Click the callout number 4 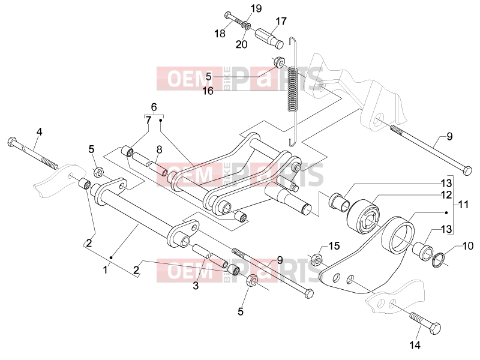point(39,132)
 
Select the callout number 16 point(208,91)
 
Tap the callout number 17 point(281,21)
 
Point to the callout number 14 point(415,345)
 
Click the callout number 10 point(468,245)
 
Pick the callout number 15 point(334,245)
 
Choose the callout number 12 point(446,194)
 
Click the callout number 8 point(159,149)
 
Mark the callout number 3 point(196,286)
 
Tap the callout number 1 point(106,270)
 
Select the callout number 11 point(463,204)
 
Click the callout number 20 point(241,44)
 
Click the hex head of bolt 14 point(435,328)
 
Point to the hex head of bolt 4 point(11,142)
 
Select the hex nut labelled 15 point(316,260)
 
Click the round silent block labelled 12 point(363,217)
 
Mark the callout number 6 point(154,107)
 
